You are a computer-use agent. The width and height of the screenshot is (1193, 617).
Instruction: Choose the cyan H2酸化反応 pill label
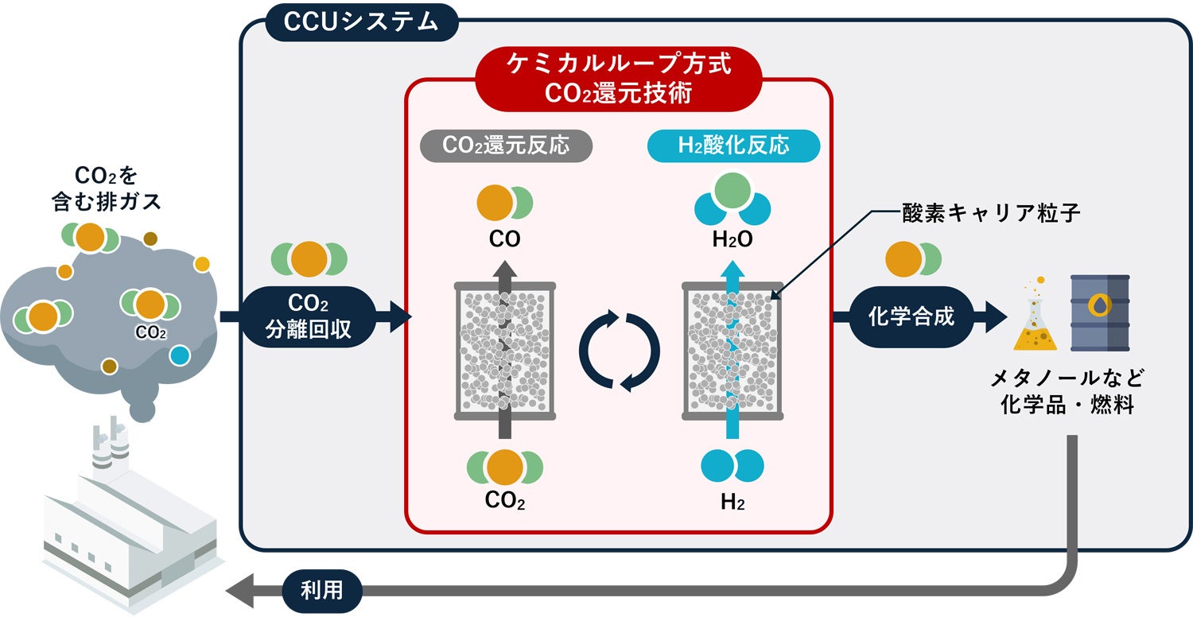click(733, 146)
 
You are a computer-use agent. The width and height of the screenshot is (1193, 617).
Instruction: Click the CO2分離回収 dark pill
click(309, 316)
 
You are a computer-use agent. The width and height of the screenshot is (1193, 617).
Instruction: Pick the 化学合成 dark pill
click(912, 316)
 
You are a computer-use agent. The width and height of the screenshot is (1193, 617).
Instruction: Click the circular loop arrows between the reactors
click(619, 351)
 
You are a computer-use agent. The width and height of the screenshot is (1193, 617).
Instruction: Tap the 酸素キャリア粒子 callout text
click(991, 213)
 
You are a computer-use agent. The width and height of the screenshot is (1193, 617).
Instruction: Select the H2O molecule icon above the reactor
click(733, 199)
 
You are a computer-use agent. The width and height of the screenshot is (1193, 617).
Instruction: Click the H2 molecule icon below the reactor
click(733, 466)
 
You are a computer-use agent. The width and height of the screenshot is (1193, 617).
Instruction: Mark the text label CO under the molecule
click(504, 239)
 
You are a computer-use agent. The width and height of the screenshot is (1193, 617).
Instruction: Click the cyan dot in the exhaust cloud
click(180, 354)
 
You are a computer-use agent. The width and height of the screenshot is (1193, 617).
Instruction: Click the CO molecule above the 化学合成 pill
click(913, 261)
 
